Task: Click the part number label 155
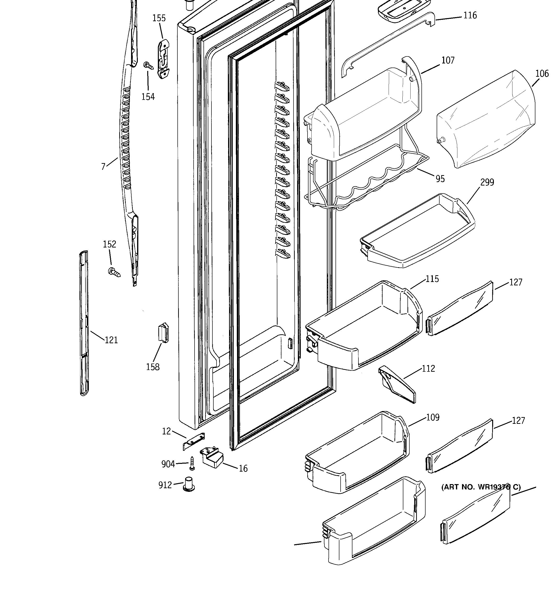pos(159,18)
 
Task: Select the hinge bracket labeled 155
pos(163,59)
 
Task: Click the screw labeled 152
pos(114,272)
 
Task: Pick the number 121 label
pos(111,340)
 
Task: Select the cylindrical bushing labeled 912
pos(189,484)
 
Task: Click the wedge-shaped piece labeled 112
pos(397,385)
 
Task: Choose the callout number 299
pos(487,182)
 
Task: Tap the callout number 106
pos(542,74)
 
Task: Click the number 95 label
pos(440,179)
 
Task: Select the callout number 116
pos(470,15)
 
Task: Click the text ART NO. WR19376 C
pos(481,487)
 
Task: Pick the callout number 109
pos(433,418)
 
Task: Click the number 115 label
pos(432,279)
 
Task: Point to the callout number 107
pos(448,60)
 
